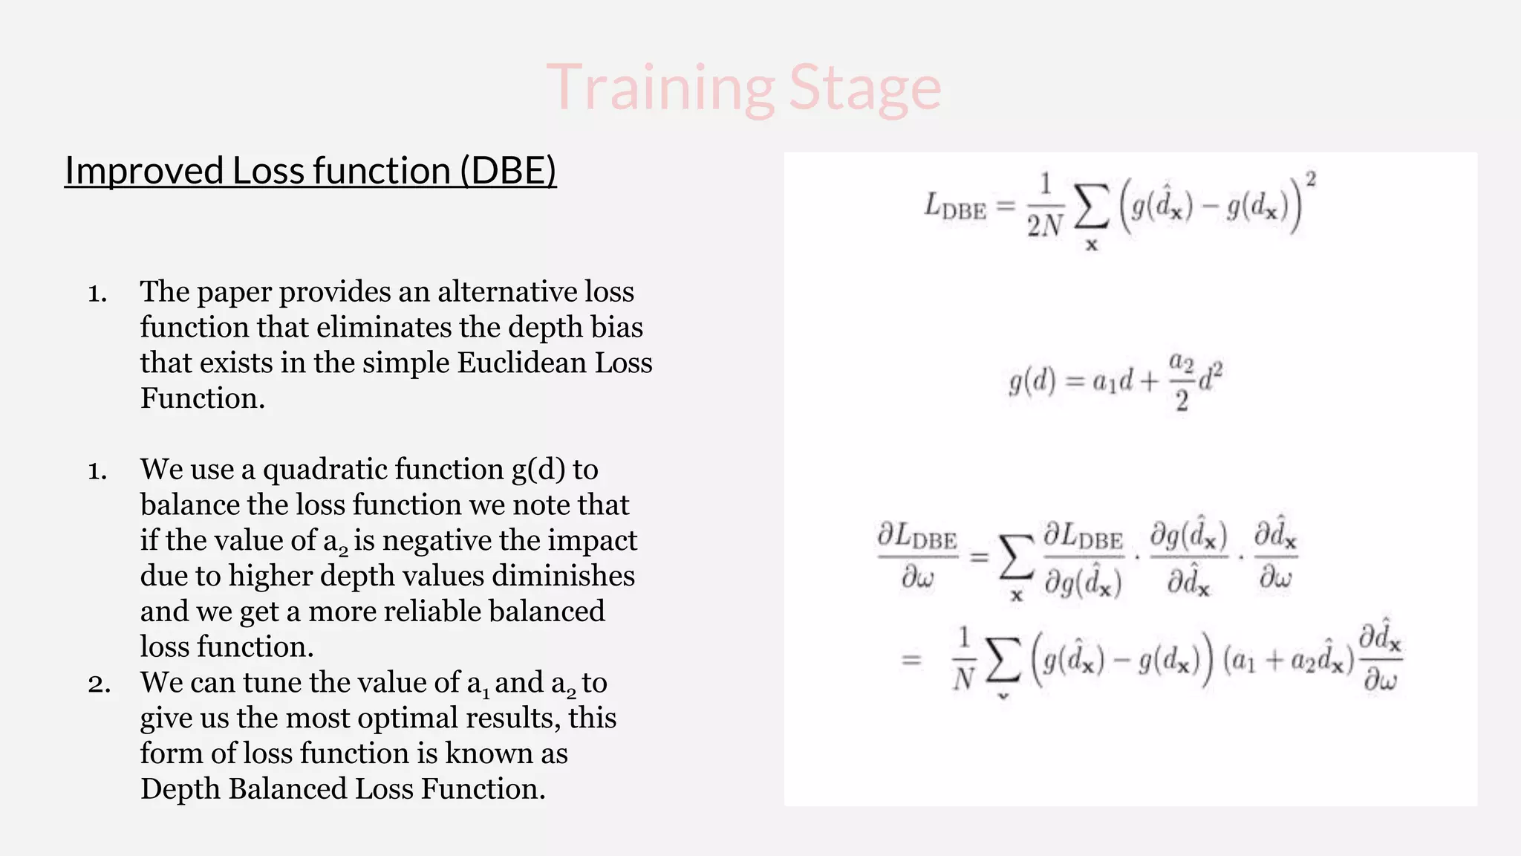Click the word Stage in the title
pos(864,89)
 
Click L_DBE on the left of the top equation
pos(954,206)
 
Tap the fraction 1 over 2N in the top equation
pos(1045,206)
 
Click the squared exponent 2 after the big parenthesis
pos(1311,179)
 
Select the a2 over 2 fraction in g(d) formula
pos(1181,382)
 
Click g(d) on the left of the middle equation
pos(1032,382)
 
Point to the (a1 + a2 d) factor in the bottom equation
pos(1288,660)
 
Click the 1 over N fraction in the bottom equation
pos(963,659)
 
